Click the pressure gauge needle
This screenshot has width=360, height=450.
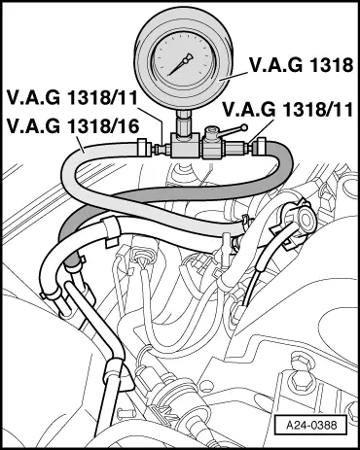(x=180, y=64)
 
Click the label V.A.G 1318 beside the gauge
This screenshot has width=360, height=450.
(x=301, y=65)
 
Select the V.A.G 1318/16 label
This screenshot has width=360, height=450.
(x=73, y=126)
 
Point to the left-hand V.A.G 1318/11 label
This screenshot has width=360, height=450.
(x=73, y=97)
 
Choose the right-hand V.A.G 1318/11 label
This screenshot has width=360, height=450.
(x=288, y=109)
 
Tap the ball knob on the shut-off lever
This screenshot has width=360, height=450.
(x=244, y=128)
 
